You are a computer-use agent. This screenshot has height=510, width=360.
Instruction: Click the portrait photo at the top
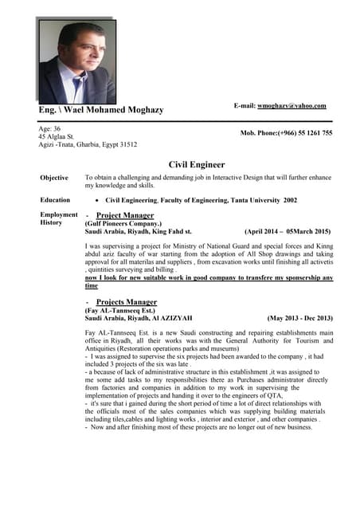pos(77,61)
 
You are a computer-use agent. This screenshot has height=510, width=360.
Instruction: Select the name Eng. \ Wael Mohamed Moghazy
pos(101,110)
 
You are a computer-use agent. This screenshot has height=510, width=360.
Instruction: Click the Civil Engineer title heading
pos(196,164)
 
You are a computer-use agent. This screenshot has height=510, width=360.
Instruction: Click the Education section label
pos(55,200)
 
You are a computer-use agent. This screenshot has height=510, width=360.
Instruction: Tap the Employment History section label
pos(58,219)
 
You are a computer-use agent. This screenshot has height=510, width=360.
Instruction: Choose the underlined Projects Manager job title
pos(126,303)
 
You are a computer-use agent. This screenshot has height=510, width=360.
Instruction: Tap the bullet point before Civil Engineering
pos(96,201)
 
